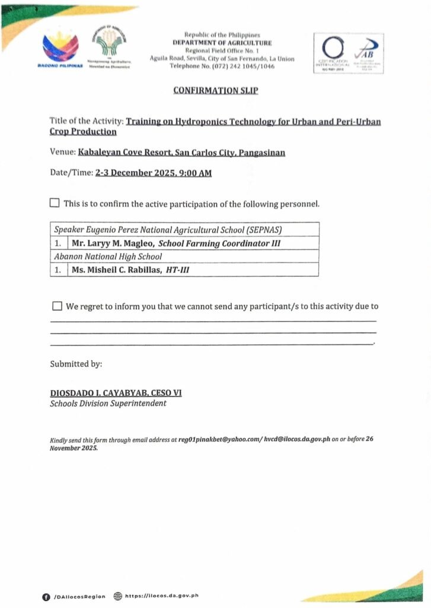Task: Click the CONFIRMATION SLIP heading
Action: (x=215, y=90)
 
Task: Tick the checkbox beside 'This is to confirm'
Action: (x=55, y=203)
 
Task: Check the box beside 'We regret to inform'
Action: (x=57, y=306)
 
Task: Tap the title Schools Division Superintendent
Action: (x=108, y=404)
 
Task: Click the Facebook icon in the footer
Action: (x=46, y=596)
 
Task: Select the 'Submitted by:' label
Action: (x=76, y=363)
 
